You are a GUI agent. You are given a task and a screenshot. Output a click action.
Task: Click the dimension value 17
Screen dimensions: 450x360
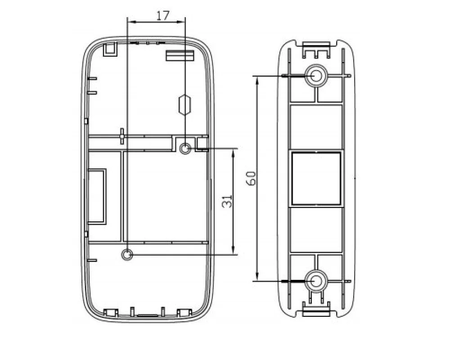pyautogui.click(x=163, y=15)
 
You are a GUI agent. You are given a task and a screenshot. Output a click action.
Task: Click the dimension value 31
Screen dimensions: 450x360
pyautogui.click(x=227, y=201)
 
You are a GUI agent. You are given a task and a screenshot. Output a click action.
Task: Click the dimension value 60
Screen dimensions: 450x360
pyautogui.click(x=251, y=178)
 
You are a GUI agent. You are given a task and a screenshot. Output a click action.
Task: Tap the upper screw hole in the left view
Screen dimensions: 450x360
pyautogui.click(x=185, y=148)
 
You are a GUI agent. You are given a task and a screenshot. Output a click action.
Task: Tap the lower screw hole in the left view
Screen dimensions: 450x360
pyautogui.click(x=127, y=254)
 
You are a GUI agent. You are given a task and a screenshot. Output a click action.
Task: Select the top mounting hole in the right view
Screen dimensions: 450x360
pyautogui.click(x=316, y=76)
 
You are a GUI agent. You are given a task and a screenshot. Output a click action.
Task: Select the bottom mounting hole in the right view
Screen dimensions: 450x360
pyautogui.click(x=316, y=281)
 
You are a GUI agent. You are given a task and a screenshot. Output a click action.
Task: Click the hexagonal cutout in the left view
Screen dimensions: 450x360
pyautogui.click(x=184, y=105)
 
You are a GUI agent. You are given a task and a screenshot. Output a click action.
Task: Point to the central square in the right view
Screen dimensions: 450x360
pyautogui.click(x=316, y=178)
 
